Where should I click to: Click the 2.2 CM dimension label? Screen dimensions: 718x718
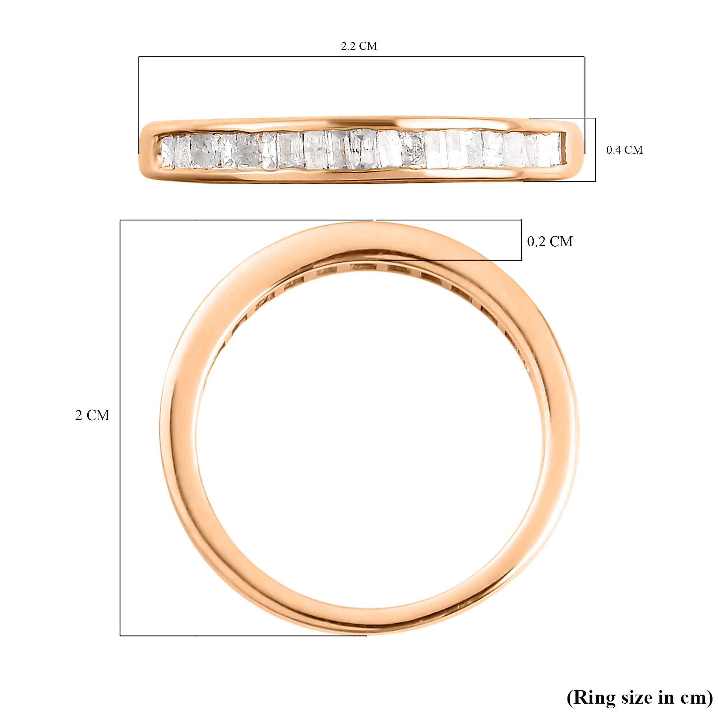[359, 46]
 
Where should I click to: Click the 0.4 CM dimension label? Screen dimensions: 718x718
[624, 150]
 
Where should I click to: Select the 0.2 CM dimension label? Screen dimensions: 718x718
[550, 242]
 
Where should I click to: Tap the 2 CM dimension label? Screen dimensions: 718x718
[92, 415]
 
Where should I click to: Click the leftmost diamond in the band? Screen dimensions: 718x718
[167, 151]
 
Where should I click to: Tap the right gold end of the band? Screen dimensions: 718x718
[574, 149]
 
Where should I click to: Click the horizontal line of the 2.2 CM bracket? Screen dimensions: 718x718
[360, 56]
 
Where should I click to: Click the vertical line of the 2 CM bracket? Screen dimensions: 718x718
[120, 427]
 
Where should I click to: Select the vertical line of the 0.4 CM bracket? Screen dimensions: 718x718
[595, 150]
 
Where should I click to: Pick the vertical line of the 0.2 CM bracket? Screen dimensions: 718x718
[521, 240]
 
